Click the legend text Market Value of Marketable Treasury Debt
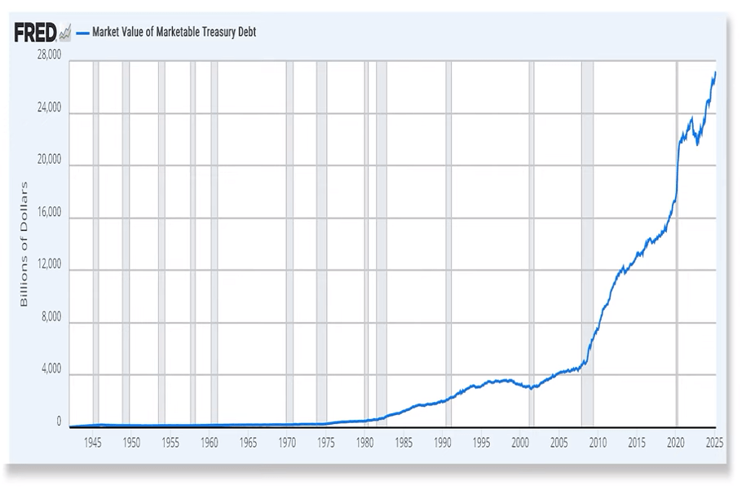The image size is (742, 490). (174, 33)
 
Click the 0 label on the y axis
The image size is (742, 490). (59, 422)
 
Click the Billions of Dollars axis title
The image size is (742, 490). (24, 244)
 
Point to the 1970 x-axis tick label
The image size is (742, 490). (287, 444)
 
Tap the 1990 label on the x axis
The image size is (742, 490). (443, 444)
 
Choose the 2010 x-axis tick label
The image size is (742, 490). (598, 444)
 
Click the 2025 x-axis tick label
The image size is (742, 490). (715, 444)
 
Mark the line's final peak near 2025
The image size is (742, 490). (715, 73)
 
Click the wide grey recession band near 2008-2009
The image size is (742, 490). (587, 245)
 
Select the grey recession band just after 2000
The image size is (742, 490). (532, 245)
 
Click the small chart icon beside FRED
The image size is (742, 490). (65, 33)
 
